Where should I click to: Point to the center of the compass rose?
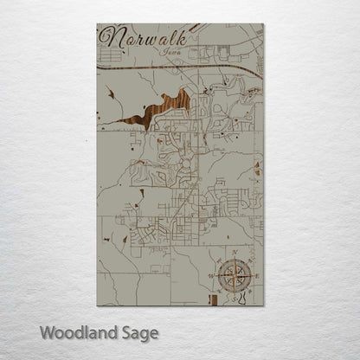pyautogui.click(x=233, y=275)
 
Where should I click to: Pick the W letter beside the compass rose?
pyautogui.click(x=210, y=276)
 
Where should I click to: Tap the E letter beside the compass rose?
pyautogui.click(x=255, y=276)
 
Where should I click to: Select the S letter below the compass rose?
pyautogui.click(x=233, y=299)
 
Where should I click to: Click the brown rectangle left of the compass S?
pyautogui.click(x=209, y=299)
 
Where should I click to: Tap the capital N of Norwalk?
pyautogui.click(x=110, y=38)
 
